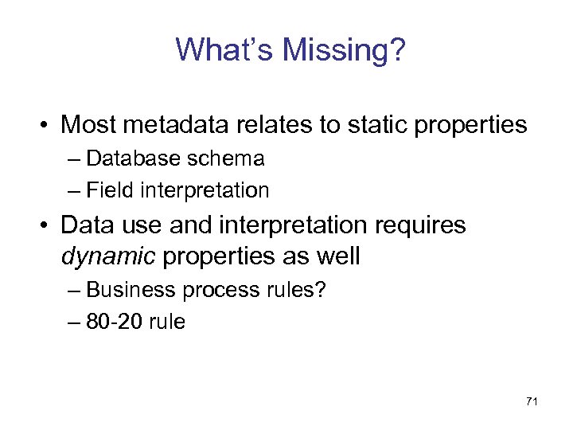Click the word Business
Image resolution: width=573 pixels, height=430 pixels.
coord(131,290)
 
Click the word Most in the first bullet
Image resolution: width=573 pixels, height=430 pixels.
coord(88,125)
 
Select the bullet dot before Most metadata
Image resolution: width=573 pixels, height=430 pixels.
coord(45,126)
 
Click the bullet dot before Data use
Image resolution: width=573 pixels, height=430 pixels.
coord(45,226)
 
